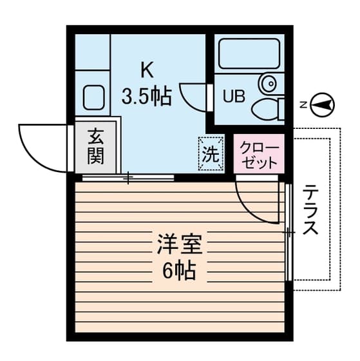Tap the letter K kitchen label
point(146,69)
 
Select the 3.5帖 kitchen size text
point(147,96)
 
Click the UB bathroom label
point(234,97)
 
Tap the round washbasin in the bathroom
point(269,83)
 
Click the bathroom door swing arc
point(193,97)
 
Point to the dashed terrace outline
point(337,206)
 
